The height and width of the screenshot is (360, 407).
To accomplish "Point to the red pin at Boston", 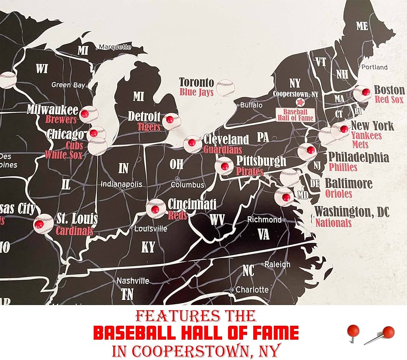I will pyautogui.click(x=365, y=92).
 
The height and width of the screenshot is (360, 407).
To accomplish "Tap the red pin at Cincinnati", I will pyautogui.click(x=155, y=209).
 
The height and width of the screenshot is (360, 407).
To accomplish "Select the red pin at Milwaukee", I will pyautogui.click(x=85, y=114).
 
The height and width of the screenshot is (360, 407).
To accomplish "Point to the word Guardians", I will pyautogui.click(x=222, y=149).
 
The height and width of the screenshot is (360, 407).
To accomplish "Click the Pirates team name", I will pyautogui.click(x=250, y=171).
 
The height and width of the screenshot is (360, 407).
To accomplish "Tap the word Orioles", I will pyautogui.click(x=339, y=193).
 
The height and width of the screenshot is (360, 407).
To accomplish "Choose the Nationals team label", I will pyautogui.click(x=333, y=223).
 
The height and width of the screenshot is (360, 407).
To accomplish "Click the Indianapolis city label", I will pyautogui.click(x=122, y=184).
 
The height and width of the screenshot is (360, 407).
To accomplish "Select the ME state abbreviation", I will pyautogui.click(x=362, y=26).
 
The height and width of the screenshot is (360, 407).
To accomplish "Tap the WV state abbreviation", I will pyautogui.click(x=217, y=220).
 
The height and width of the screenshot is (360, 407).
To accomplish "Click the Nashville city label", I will pyautogui.click(x=133, y=281).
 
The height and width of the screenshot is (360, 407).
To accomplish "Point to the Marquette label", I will pyautogui.click(x=115, y=47).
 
